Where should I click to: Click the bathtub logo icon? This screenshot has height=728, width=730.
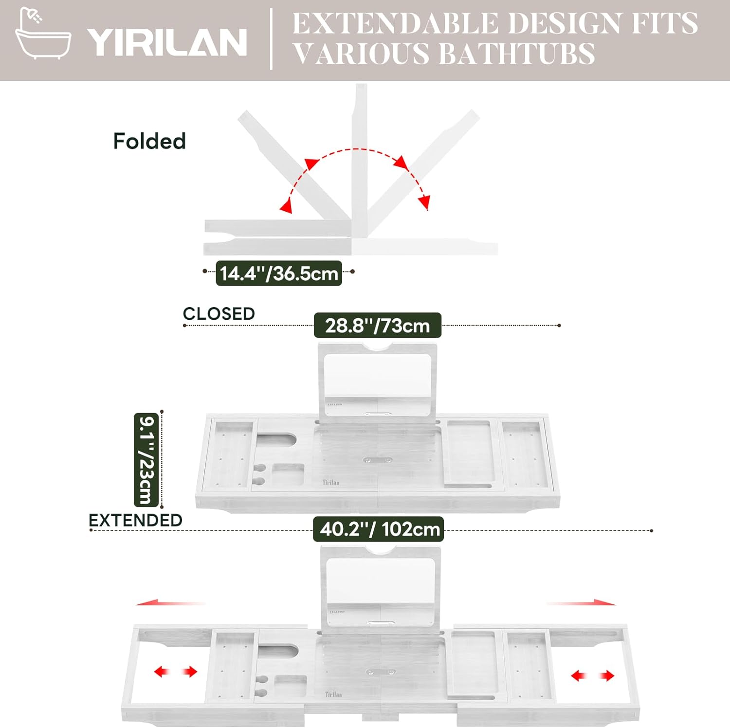click(x=43, y=34)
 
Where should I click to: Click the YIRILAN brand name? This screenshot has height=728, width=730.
click(x=167, y=42)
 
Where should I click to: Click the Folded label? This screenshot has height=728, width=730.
click(x=149, y=142)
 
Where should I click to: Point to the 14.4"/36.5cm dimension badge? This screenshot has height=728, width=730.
click(x=278, y=273)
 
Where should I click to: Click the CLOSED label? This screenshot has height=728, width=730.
click(x=219, y=314)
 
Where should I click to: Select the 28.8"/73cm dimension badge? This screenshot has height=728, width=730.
click(x=377, y=326)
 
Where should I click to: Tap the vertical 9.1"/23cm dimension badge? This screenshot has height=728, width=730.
click(x=146, y=460)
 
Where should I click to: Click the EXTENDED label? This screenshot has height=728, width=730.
click(x=135, y=520)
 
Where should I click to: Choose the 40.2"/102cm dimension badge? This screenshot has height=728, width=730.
click(x=379, y=529)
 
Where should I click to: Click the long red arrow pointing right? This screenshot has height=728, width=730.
click(x=582, y=602)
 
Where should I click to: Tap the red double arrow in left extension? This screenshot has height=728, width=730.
click(x=175, y=672)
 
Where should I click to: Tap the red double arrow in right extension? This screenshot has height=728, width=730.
click(x=592, y=675)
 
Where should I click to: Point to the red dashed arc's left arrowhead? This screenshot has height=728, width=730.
click(x=287, y=207)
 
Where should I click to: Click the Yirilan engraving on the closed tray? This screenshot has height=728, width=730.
click(x=331, y=482)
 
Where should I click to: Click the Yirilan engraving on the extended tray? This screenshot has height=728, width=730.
click(x=333, y=694)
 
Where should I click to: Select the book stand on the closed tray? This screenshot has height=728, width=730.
click(x=377, y=380)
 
